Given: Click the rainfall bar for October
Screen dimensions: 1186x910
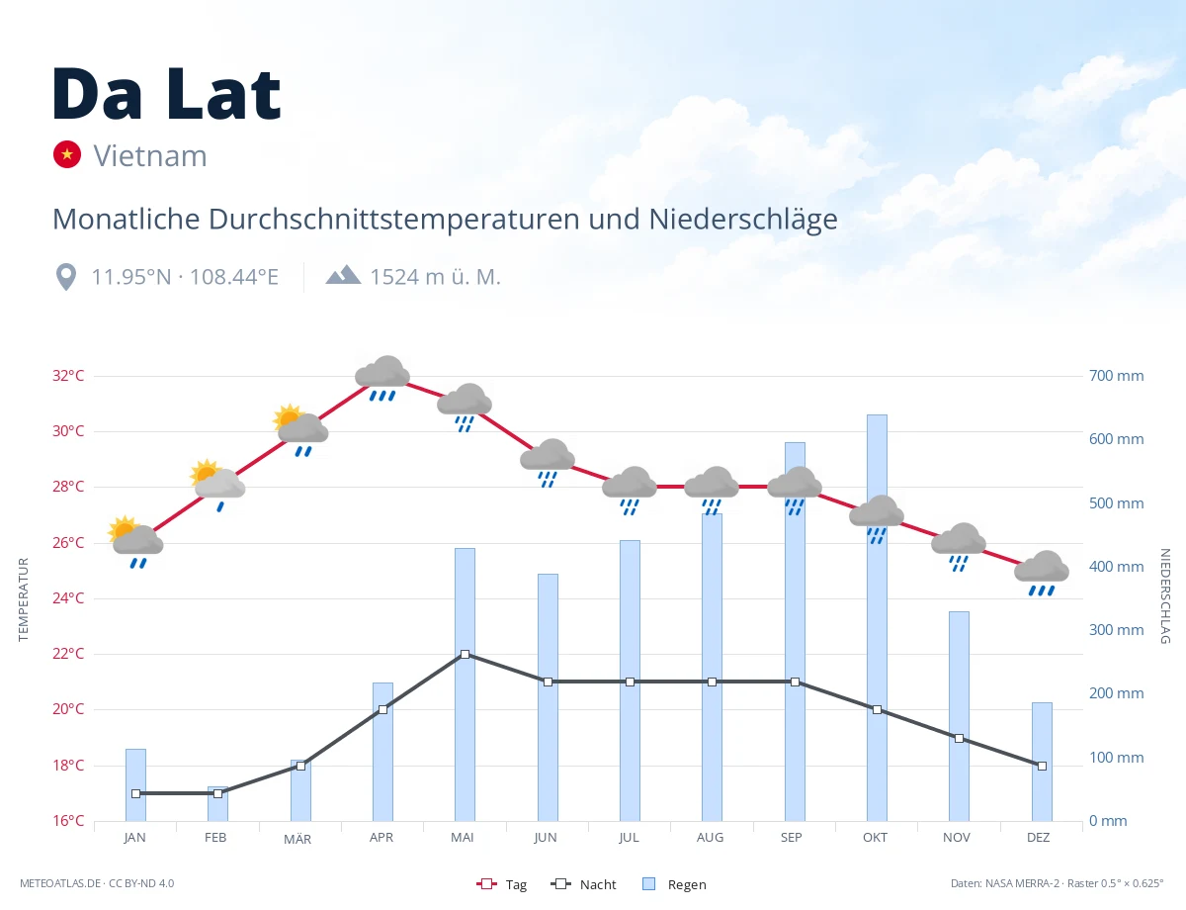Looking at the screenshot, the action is point(877,617).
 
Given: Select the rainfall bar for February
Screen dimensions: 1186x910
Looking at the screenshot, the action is point(217,803).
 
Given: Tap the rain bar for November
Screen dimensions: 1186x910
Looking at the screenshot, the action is point(959,716).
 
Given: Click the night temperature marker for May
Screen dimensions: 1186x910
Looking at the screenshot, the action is point(466,654).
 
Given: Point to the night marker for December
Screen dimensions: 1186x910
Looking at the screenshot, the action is point(1042,766).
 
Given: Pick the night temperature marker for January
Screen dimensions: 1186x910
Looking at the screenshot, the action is point(136,793).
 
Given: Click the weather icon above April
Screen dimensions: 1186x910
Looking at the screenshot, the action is point(382,378).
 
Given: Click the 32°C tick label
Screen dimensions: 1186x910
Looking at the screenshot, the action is point(68,376).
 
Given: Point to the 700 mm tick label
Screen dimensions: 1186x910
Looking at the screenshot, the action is point(1116,376).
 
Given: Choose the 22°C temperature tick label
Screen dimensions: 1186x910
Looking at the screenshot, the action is point(68,653).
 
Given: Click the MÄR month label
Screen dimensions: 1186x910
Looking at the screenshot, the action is point(297,839).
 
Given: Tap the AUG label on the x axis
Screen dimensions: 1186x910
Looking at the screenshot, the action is point(710,838).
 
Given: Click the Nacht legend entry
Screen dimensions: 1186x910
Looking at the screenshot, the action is point(583,884).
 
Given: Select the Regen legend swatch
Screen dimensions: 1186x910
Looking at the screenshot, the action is point(649,883).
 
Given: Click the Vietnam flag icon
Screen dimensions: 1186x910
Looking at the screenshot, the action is point(67,154).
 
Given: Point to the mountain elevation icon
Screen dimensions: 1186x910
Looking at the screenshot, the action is point(343,275).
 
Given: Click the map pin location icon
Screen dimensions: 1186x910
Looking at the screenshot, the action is point(66,277).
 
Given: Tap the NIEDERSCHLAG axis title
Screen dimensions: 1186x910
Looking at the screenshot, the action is point(1165,595).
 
